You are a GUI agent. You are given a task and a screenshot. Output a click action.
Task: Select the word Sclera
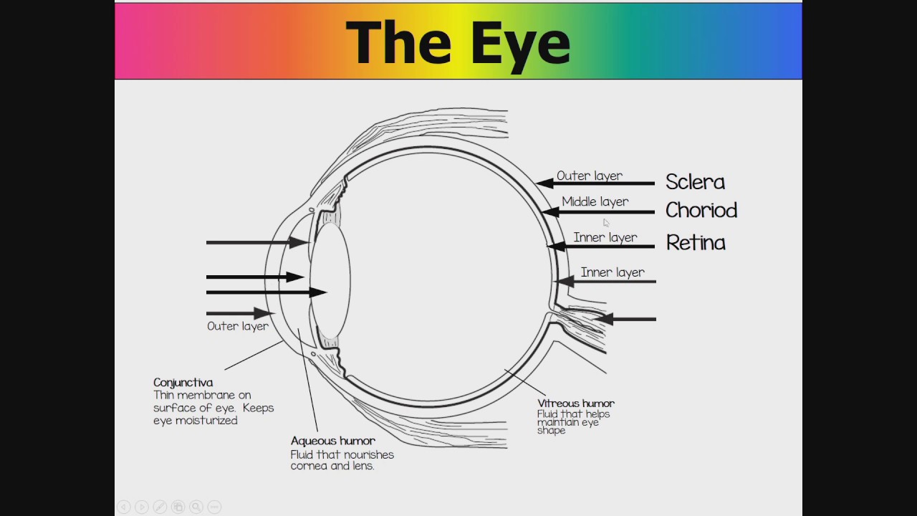click(694, 182)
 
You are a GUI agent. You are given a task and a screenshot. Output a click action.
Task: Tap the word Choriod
click(701, 211)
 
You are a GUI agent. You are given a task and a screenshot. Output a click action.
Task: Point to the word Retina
click(695, 243)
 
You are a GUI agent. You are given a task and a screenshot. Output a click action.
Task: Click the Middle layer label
click(595, 202)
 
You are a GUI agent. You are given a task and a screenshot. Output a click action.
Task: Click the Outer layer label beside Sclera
click(589, 176)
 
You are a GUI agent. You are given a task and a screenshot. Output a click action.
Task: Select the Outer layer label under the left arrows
click(237, 326)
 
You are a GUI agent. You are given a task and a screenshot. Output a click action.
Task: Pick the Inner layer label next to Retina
click(605, 237)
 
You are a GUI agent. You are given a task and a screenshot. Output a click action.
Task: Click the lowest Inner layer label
click(612, 272)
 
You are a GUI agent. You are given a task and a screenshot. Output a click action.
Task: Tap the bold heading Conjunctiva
click(183, 383)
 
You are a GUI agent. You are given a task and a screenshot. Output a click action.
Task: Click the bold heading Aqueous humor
click(332, 441)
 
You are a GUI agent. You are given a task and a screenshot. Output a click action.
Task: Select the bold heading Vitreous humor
click(575, 403)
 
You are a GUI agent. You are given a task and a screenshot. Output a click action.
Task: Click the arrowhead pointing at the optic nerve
click(603, 319)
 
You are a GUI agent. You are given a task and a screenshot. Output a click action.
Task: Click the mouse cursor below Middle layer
click(606, 223)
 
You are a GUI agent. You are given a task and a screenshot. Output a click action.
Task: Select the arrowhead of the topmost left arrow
click(299, 243)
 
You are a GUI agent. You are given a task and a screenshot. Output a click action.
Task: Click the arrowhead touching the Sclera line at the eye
click(544, 183)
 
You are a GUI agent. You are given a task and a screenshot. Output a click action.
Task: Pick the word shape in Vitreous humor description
click(551, 431)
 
